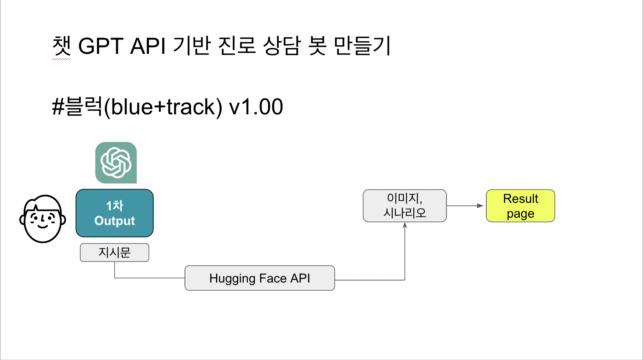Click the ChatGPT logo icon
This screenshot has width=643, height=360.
pos(116,163)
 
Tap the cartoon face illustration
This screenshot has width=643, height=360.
pos(43,219)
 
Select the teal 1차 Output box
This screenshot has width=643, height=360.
pos(115,213)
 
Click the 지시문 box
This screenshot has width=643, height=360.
pos(115,253)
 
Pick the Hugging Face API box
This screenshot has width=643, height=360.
pos(260,278)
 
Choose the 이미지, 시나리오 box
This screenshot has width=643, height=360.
pos(405,206)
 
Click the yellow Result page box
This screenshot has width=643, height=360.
pos(521,206)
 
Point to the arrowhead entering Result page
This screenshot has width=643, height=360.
pos(480,206)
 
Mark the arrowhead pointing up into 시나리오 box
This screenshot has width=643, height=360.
pos(405,225)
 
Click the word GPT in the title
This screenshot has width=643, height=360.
pos(101,46)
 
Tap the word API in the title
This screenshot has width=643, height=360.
pos(148,46)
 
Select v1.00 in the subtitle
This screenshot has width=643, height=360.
pos(256,107)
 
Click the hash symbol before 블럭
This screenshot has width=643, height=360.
pos(58,107)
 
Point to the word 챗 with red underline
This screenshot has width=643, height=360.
pos(61,46)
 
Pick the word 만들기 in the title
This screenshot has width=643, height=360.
pos(362,46)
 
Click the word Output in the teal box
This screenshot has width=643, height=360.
pos(115,221)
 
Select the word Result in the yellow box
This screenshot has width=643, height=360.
pos(521,198)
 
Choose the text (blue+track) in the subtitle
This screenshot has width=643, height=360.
pos(163,107)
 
